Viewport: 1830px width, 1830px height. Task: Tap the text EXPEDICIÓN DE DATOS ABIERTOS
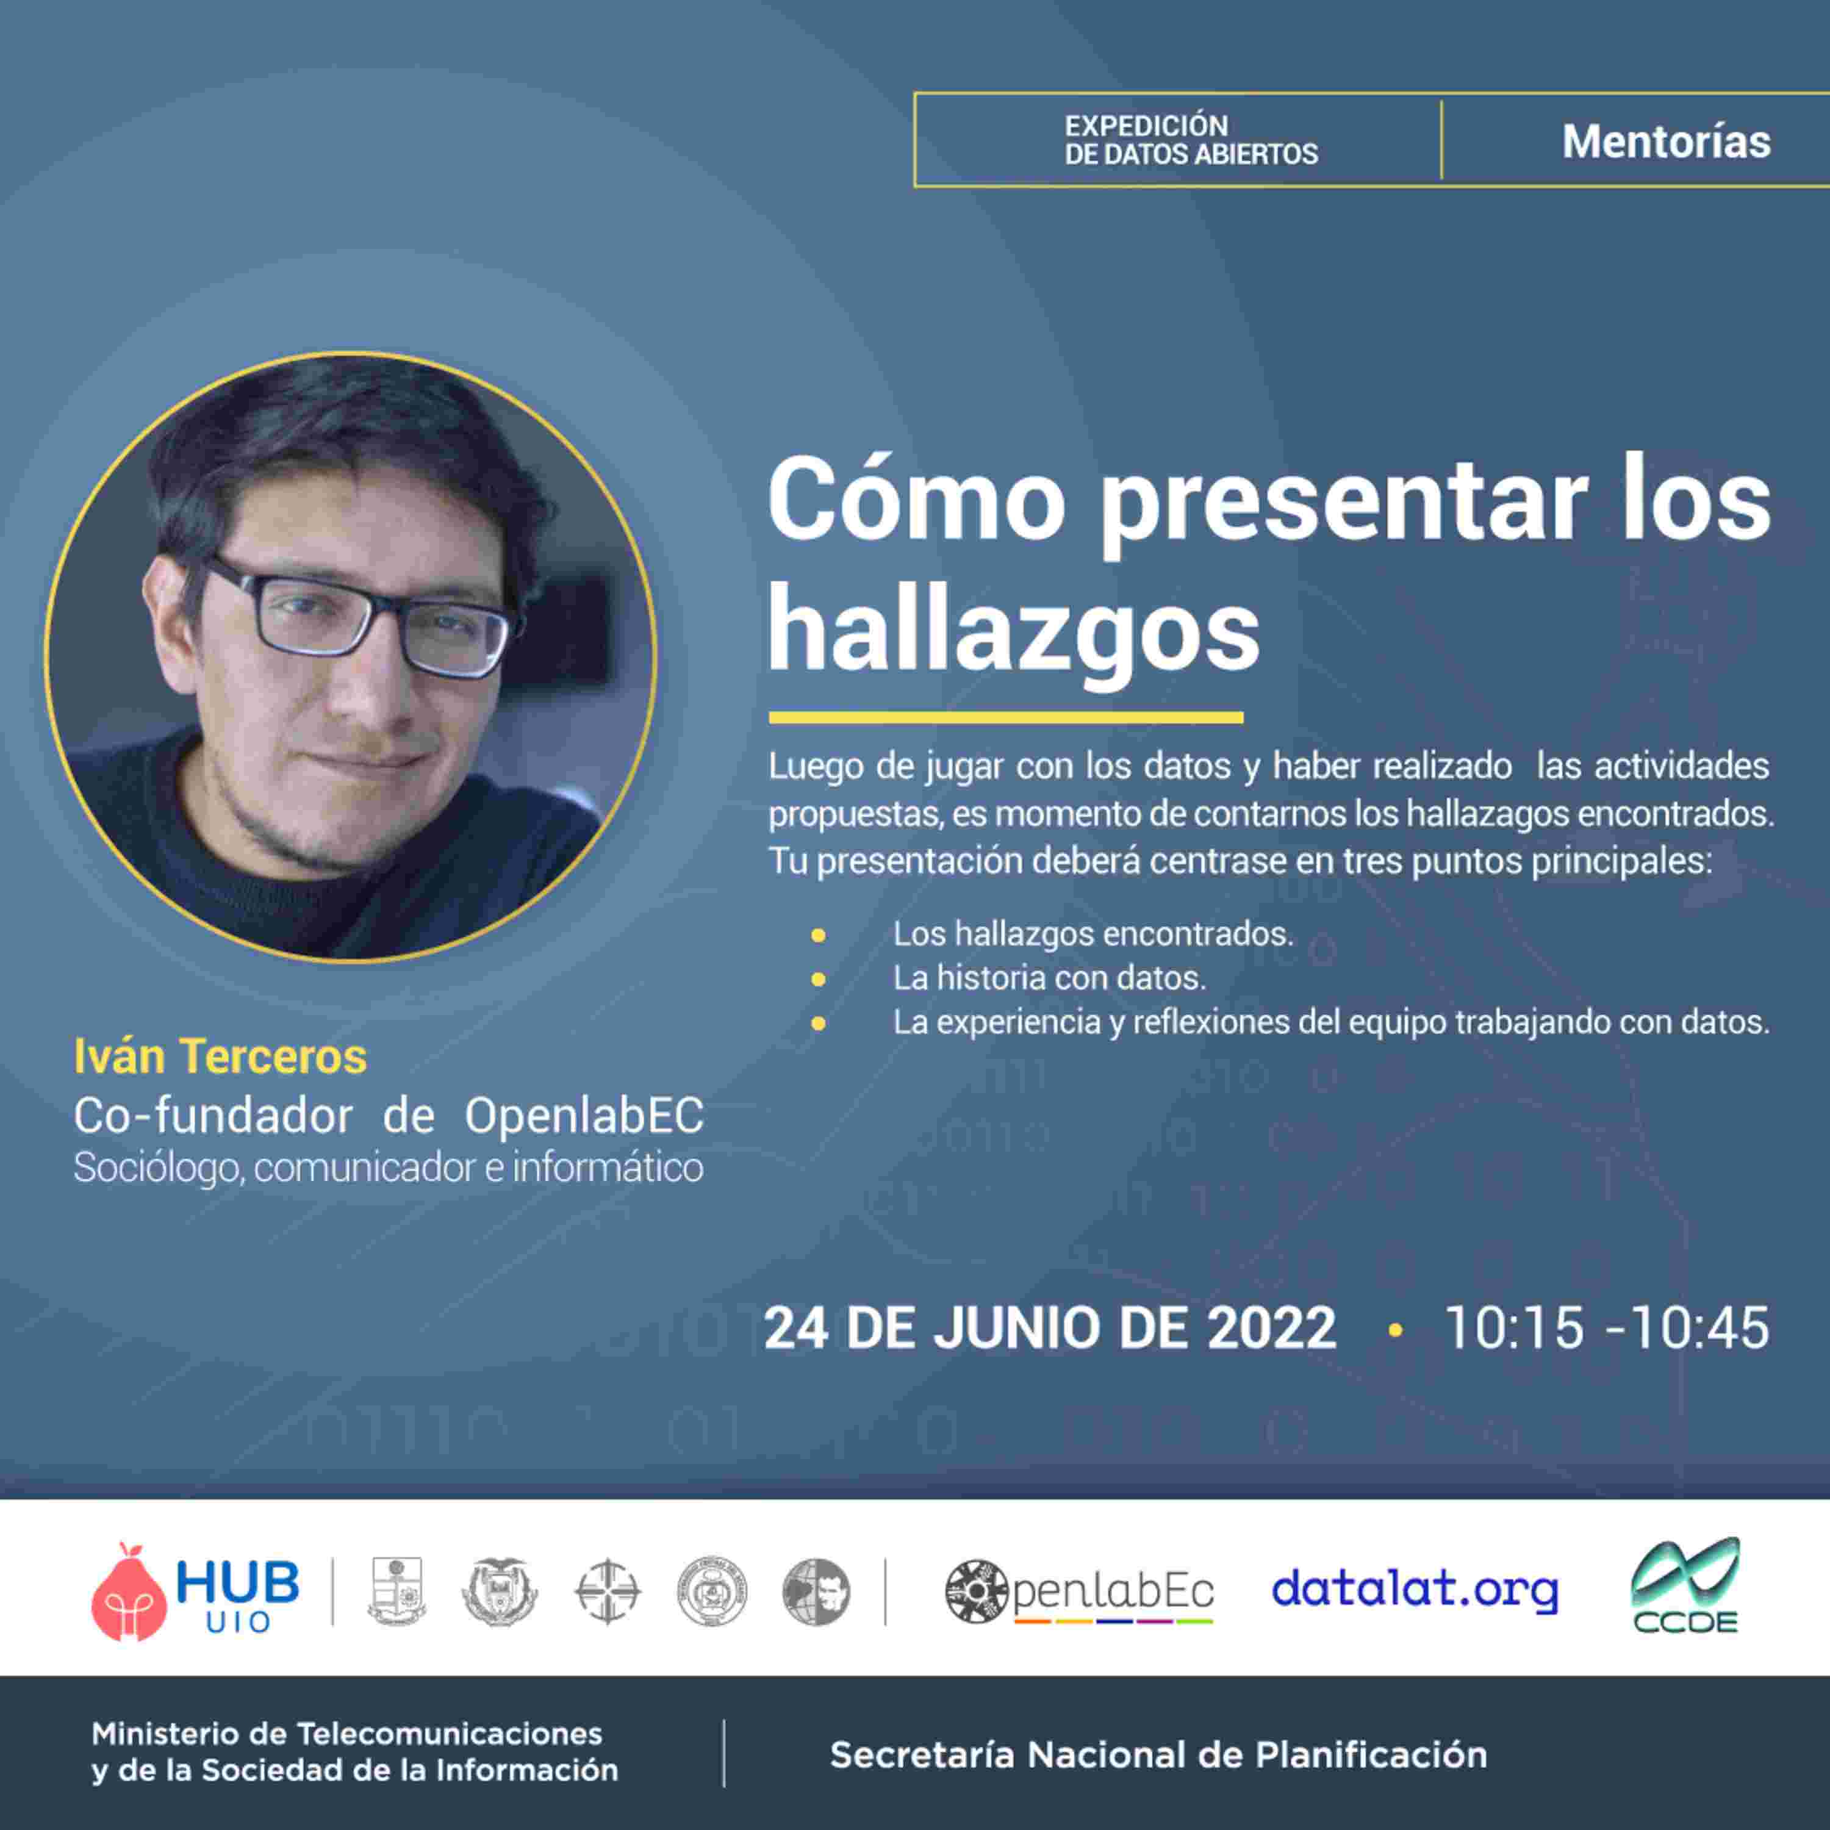tap(1191, 140)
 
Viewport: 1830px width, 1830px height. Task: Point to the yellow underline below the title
tap(1006, 718)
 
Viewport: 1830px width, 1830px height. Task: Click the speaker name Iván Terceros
tap(220, 1056)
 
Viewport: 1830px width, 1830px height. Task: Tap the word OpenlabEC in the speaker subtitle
tap(584, 1116)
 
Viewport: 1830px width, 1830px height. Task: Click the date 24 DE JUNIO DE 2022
tap(1049, 1327)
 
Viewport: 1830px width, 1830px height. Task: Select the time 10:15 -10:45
tap(1607, 1327)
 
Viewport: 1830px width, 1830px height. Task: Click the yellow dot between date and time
tap(1394, 1330)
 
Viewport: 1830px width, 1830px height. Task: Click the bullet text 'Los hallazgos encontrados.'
tap(1093, 934)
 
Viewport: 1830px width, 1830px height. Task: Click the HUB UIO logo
tap(195, 1591)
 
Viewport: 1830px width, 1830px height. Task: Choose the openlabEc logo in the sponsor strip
tap(1080, 1591)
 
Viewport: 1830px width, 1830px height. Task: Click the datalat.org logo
tap(1414, 1590)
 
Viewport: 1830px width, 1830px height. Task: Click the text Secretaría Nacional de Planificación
tap(1158, 1755)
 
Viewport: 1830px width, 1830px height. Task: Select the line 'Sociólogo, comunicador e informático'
tap(389, 1167)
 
